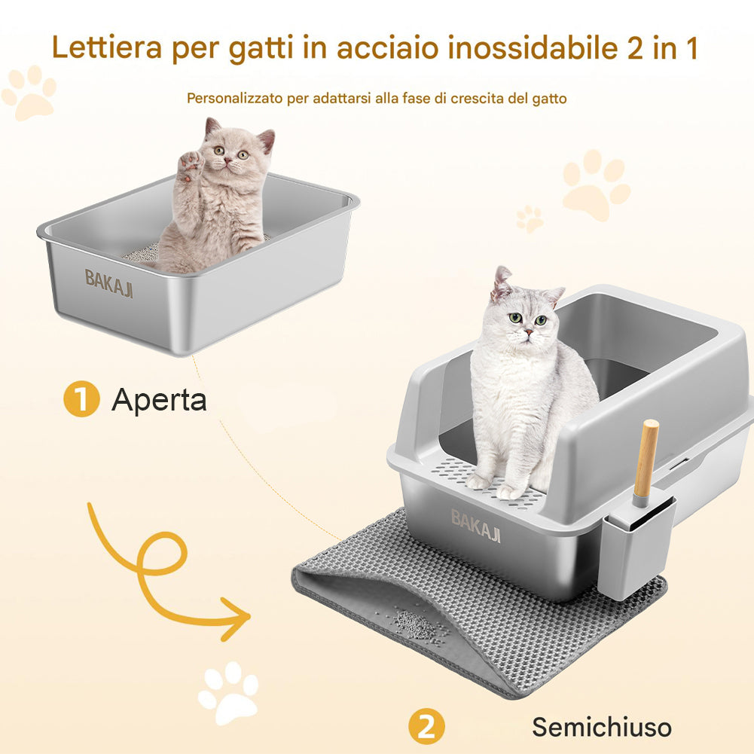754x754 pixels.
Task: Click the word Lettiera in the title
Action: (107, 47)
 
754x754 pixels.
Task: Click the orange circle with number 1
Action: (81, 398)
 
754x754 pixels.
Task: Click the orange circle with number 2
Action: (426, 727)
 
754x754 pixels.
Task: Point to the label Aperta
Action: (159, 400)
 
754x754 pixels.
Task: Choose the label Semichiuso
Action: (602, 727)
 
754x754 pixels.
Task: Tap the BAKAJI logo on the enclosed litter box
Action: (475, 526)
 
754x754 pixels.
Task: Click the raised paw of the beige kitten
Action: (191, 165)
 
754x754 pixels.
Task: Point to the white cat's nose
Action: (529, 332)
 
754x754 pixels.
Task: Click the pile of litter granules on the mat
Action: (414, 624)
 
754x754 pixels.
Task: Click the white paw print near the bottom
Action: (228, 692)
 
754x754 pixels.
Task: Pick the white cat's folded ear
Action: (500, 282)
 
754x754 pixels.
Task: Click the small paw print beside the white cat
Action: (530, 218)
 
